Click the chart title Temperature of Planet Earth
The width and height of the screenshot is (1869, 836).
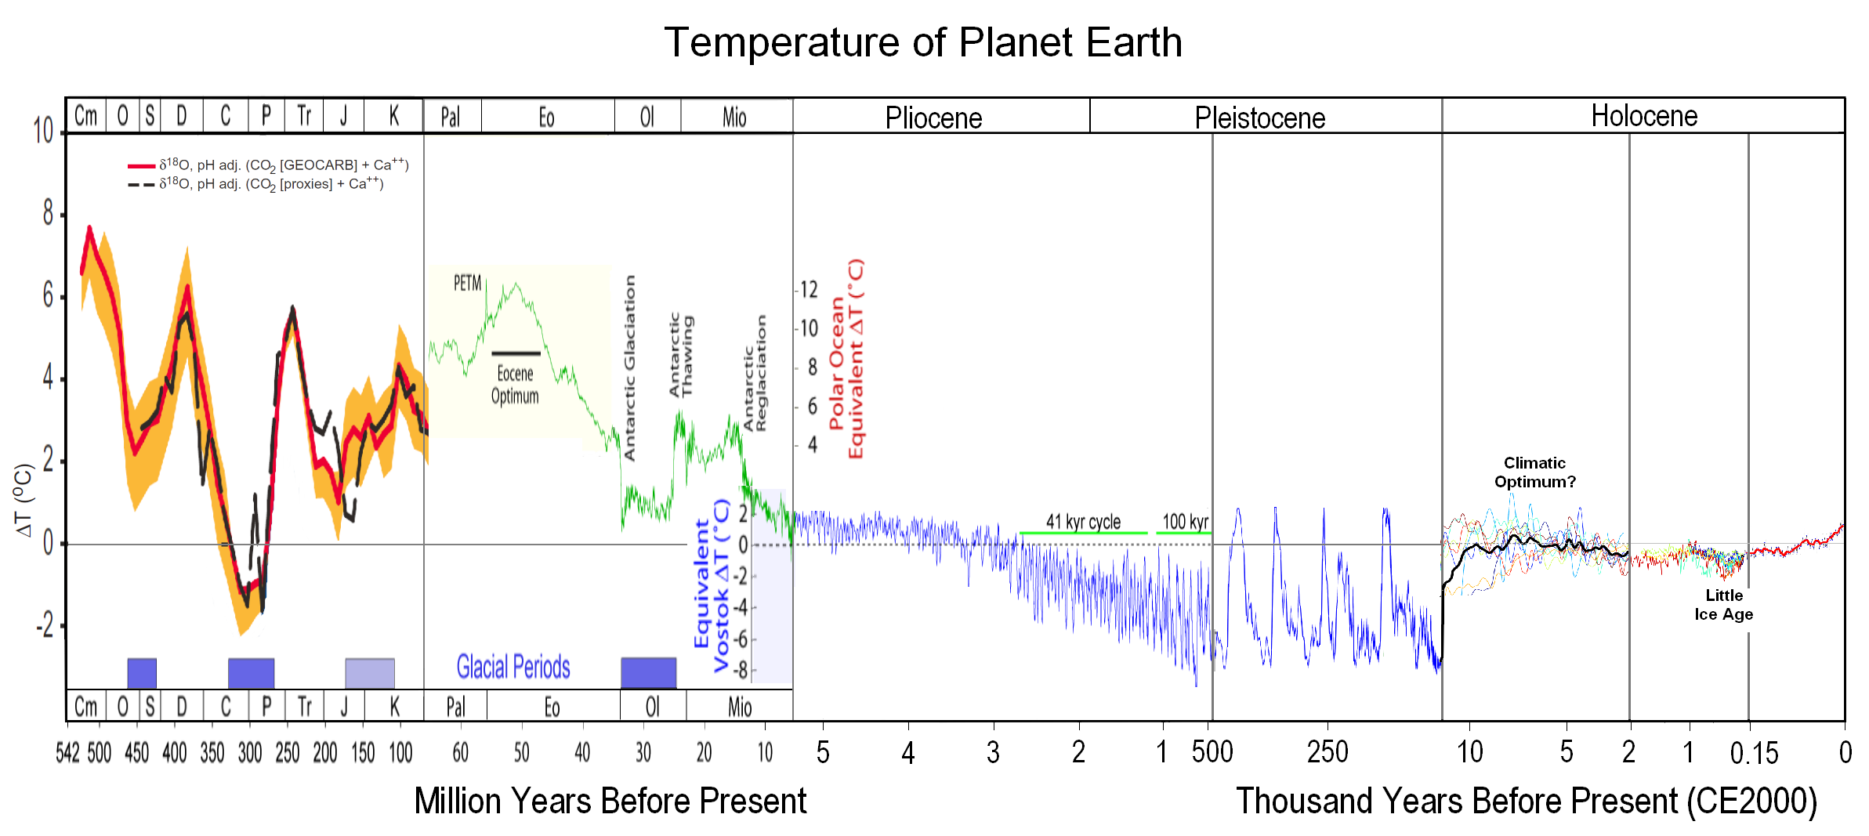923,42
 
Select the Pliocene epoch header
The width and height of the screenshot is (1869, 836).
933,118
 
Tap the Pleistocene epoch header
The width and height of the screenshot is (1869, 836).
1259,118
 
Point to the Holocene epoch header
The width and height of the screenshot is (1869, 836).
1644,116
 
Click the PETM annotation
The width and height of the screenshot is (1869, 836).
467,283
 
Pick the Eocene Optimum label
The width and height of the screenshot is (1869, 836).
515,385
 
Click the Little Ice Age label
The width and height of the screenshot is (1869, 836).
1723,605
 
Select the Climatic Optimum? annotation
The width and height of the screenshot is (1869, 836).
1534,472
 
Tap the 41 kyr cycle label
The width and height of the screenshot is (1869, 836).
1083,522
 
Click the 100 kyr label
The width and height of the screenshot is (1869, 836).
1185,522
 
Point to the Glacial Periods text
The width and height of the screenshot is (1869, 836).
513,668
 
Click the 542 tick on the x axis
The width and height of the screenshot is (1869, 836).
67,753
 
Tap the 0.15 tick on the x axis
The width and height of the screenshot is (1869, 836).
1754,753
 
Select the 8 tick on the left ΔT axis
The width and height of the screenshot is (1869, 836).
49,213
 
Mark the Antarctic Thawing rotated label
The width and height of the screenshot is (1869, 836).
681,355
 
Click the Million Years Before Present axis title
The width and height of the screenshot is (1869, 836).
610,802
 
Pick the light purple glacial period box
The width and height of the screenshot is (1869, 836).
370,673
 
